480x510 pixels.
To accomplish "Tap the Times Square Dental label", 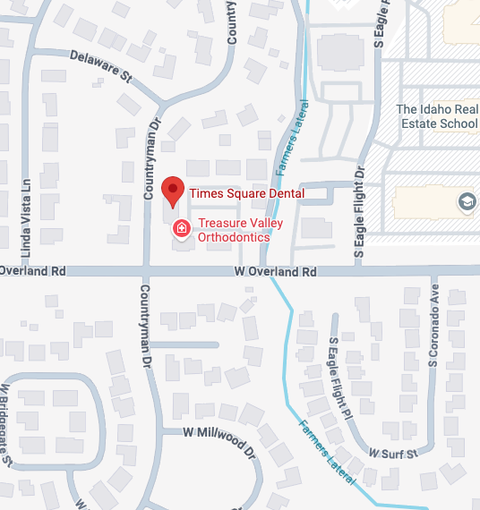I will coord(246,193).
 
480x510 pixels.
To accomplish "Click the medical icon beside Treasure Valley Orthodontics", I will coord(181,229).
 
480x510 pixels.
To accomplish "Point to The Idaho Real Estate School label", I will coord(436,115).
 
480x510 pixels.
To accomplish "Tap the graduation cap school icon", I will coord(467,202).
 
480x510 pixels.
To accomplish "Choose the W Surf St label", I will coord(393,454).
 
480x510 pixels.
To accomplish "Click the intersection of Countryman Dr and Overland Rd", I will coord(146,271).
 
